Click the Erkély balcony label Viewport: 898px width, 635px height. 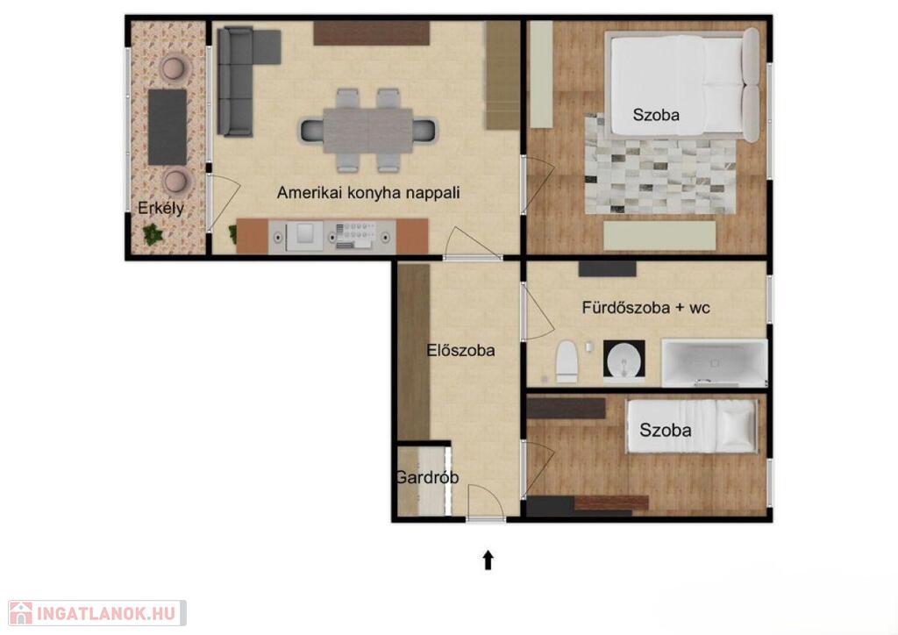point(161,208)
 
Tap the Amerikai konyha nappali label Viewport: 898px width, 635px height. point(368,192)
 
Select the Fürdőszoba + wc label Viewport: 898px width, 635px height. point(646,308)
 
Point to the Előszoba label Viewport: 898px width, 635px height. point(460,350)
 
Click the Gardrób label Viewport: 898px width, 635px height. point(427,477)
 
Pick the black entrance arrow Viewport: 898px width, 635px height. point(488,560)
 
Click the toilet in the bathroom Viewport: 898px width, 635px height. point(567,362)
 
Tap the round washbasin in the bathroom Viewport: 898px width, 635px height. point(624,360)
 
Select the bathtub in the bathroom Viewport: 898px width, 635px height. point(714,362)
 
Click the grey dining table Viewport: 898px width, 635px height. point(367,131)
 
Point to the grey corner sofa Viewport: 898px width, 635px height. point(240,80)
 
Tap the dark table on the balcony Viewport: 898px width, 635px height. point(167,127)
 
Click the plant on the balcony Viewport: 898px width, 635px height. point(153,233)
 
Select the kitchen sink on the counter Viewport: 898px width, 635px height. point(304,235)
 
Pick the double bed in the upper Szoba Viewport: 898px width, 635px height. point(682,85)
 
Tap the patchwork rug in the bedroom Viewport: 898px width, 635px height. point(659,166)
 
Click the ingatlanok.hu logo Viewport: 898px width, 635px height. point(96,613)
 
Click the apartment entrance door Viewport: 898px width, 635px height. point(486,503)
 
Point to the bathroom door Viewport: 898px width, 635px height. point(538,312)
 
